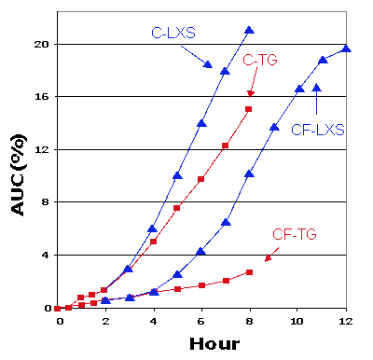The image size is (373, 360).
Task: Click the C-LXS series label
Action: click(x=173, y=33)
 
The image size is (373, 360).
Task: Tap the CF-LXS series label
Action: click(x=320, y=130)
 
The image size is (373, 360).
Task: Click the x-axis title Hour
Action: click(x=214, y=342)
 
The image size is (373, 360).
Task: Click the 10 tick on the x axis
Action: click(x=297, y=320)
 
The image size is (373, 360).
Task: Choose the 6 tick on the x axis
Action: click(x=201, y=320)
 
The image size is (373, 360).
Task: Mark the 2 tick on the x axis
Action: click(x=105, y=320)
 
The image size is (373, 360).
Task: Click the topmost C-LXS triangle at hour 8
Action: click(x=249, y=31)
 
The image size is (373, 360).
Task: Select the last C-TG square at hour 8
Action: click(x=249, y=109)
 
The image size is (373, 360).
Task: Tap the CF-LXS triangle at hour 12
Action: click(x=346, y=49)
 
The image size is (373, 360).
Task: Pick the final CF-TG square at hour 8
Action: click(x=249, y=272)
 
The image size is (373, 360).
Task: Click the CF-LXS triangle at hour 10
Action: click(x=298, y=90)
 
